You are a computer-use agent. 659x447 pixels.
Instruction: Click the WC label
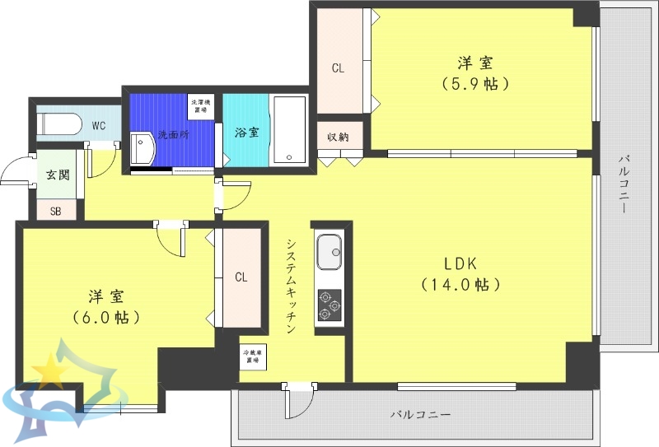[99, 126]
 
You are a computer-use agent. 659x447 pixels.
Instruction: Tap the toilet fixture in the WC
[59, 124]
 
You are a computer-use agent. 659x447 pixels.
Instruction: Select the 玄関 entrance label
[58, 175]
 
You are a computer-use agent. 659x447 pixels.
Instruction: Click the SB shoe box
[56, 211]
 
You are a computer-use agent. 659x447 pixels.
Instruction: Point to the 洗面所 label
[173, 134]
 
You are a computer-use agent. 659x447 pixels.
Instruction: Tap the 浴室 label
[245, 132]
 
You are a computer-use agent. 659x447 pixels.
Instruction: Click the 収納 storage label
[338, 137]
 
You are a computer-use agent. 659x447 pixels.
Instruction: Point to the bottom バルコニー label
[420, 415]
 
